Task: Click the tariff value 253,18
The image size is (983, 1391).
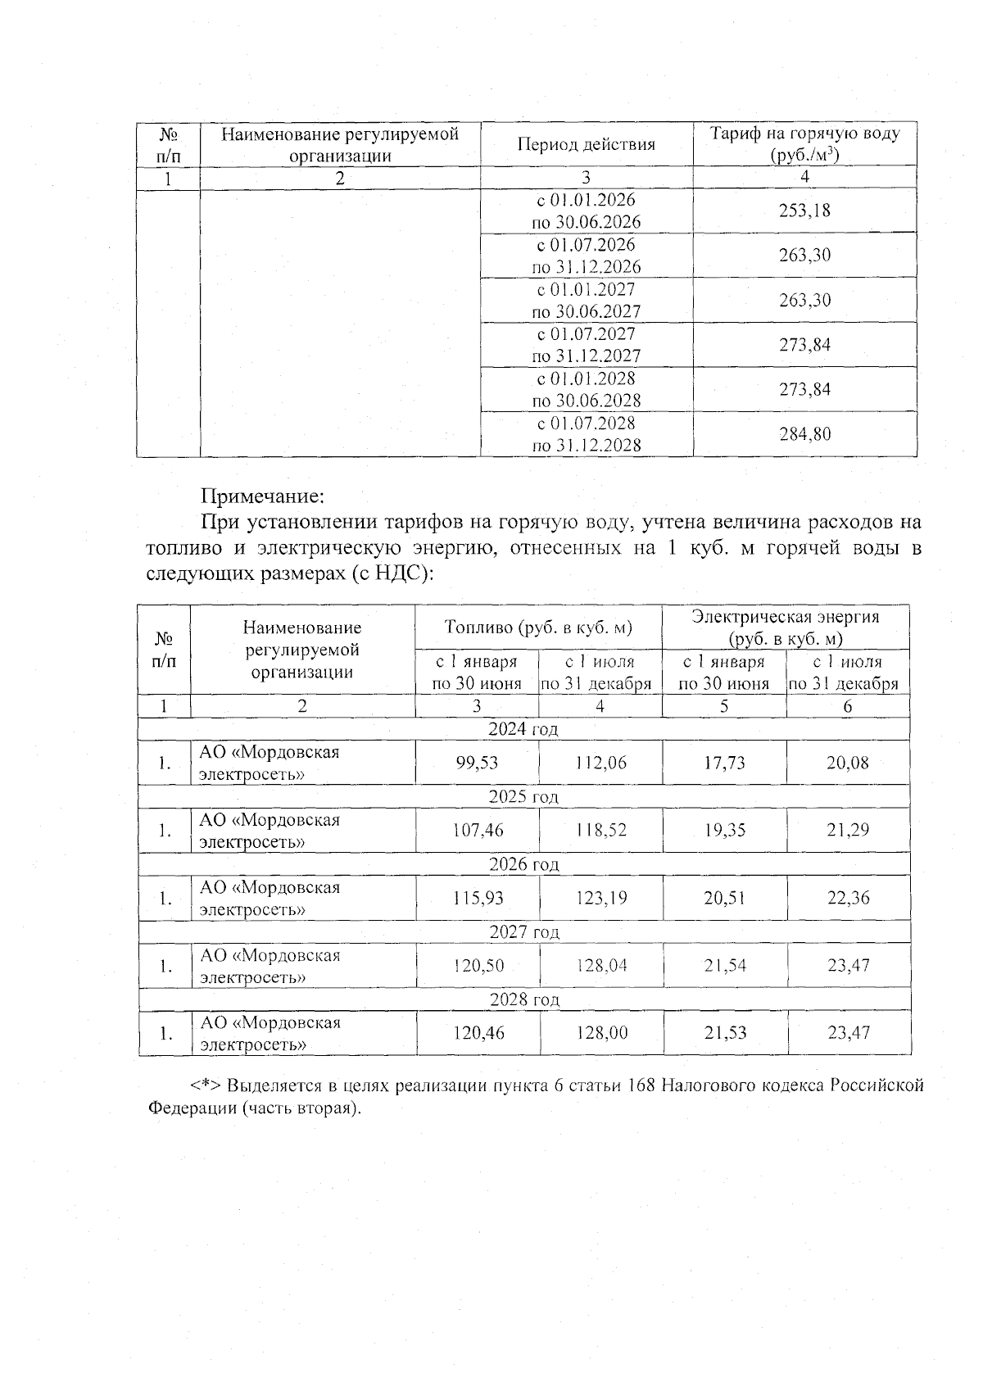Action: (x=804, y=211)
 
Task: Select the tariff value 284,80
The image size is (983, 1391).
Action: (x=804, y=434)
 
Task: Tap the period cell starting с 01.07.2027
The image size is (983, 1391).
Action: (x=587, y=345)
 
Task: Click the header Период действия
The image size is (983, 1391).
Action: (x=587, y=145)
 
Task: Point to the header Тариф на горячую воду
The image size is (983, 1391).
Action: (x=804, y=134)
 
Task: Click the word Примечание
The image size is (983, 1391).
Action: (x=263, y=496)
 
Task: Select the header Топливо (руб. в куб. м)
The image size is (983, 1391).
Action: (x=538, y=628)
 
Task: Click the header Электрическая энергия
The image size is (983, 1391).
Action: (x=786, y=618)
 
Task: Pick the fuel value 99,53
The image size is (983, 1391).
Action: (x=477, y=763)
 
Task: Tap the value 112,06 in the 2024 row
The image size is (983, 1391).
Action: (x=600, y=763)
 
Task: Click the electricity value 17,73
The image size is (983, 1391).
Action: (x=724, y=763)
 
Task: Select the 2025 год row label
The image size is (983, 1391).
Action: (x=523, y=796)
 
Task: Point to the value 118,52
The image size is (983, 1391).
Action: (x=600, y=831)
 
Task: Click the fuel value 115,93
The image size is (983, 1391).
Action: (x=478, y=898)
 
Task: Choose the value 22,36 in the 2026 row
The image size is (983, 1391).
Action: (x=848, y=898)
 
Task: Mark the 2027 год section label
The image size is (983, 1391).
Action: (x=523, y=931)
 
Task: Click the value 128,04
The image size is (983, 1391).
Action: (x=601, y=966)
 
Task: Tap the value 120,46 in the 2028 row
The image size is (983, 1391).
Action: (x=478, y=1033)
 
